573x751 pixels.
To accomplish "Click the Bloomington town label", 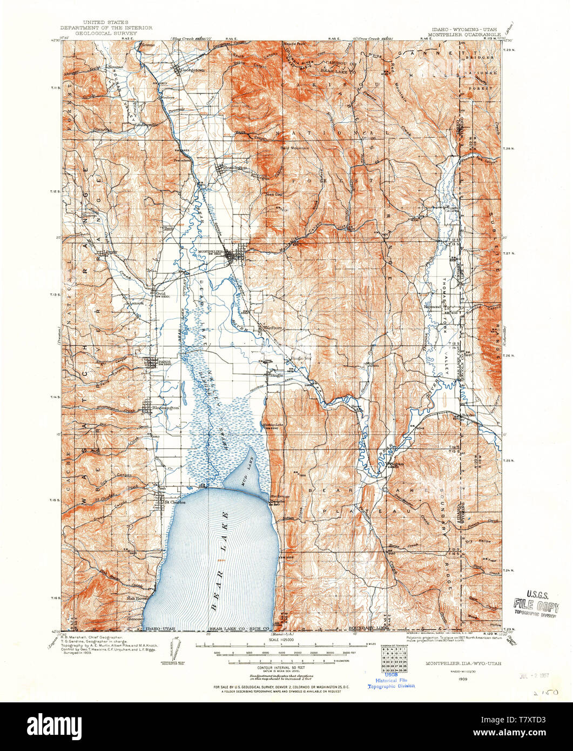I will [x=165, y=408].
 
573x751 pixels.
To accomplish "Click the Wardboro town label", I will [x=272, y=327].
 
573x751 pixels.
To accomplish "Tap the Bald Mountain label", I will [x=294, y=147].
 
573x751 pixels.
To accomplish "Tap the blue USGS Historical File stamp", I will [x=392, y=682].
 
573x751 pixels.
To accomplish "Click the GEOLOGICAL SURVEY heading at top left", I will [x=106, y=32].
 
